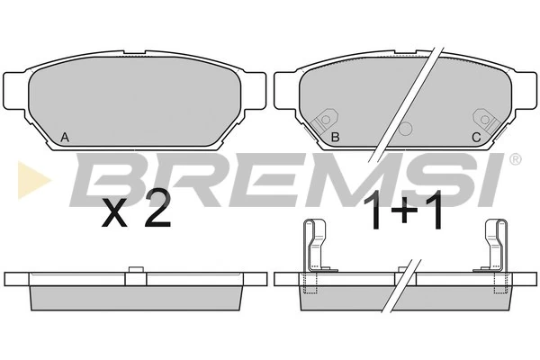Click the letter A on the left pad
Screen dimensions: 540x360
(x=65, y=138)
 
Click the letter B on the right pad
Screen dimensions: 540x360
(x=335, y=138)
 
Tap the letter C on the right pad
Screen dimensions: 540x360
(x=476, y=138)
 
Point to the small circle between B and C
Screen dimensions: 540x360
(x=405, y=129)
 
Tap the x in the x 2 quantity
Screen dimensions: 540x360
(x=114, y=214)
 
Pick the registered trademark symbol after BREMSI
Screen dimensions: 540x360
(x=514, y=159)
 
